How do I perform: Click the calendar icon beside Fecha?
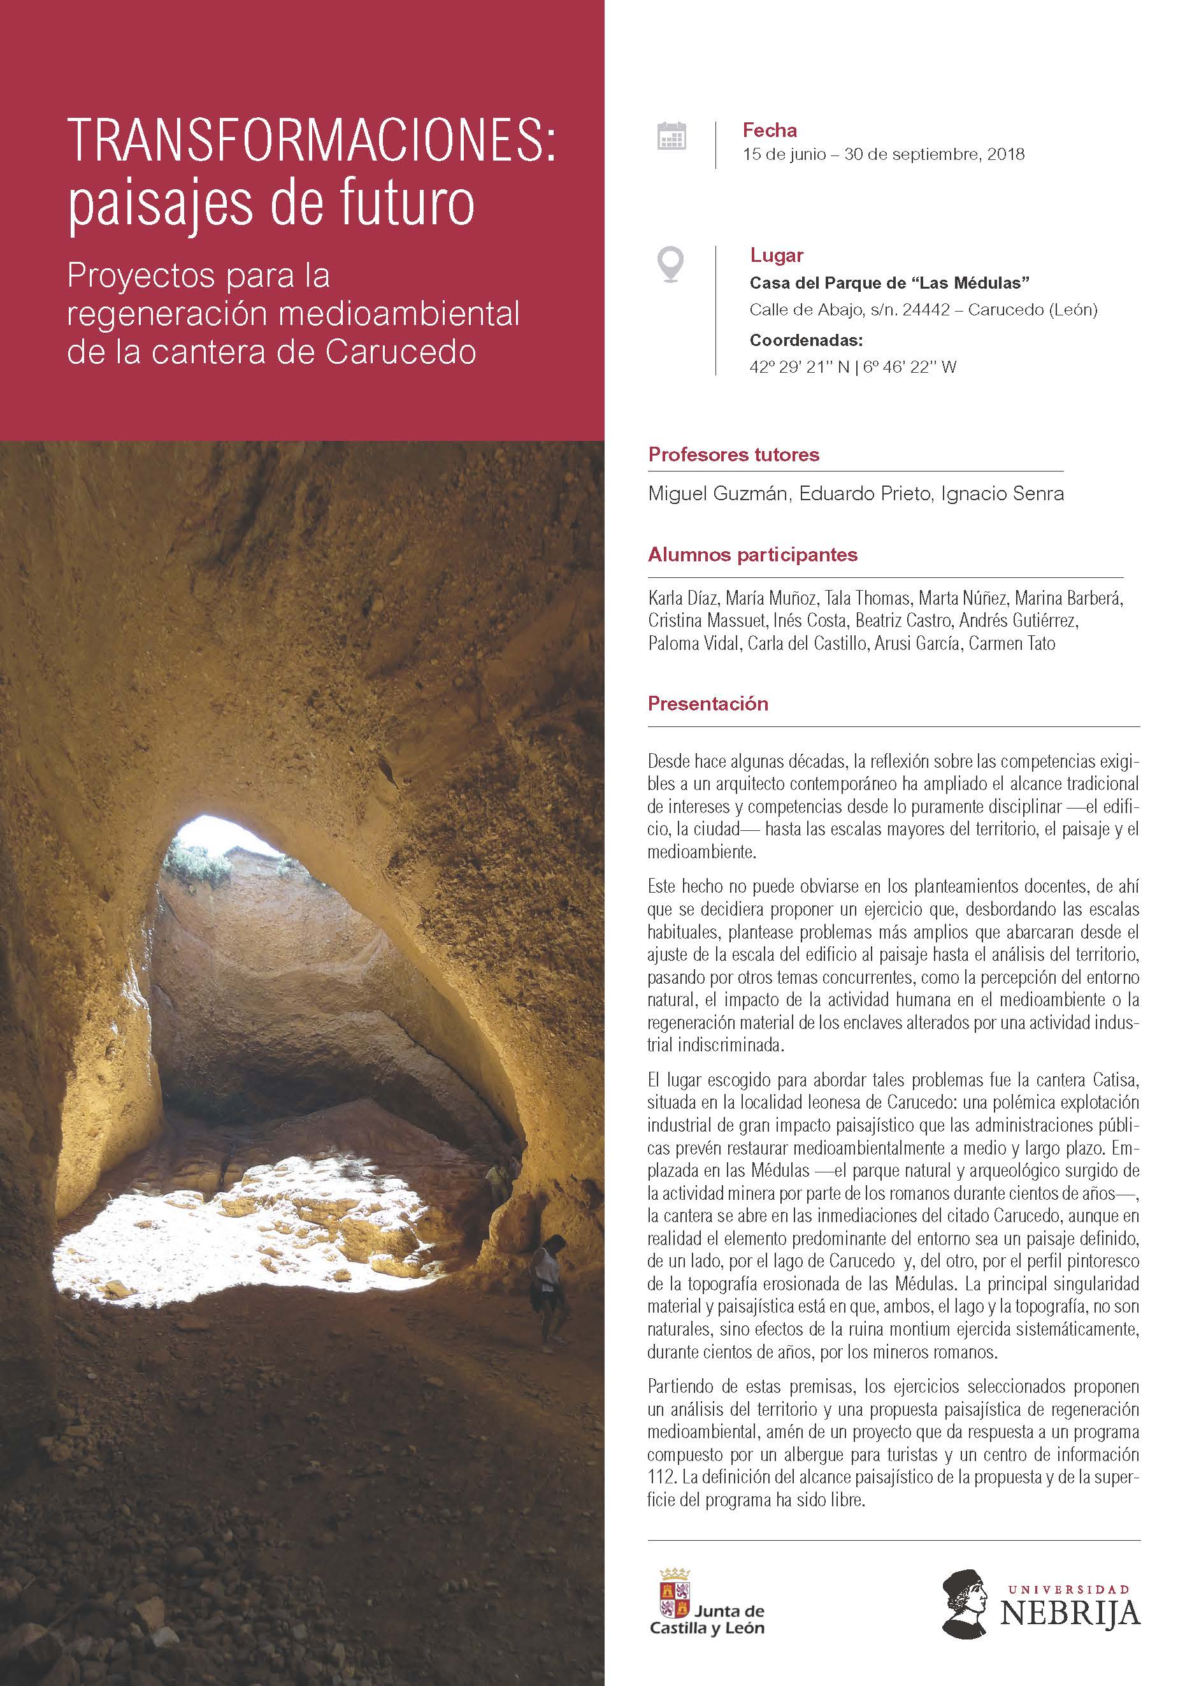tap(671, 136)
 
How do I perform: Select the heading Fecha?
tap(769, 131)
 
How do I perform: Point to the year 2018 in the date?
tap(1005, 154)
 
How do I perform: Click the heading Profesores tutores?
tap(733, 454)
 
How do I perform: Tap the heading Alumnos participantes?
tap(752, 554)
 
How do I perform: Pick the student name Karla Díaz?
tap(682, 598)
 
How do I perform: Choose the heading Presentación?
tap(708, 703)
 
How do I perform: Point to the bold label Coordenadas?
tap(805, 340)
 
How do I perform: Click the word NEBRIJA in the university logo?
tap(1070, 1613)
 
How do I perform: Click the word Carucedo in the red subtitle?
tap(401, 352)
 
